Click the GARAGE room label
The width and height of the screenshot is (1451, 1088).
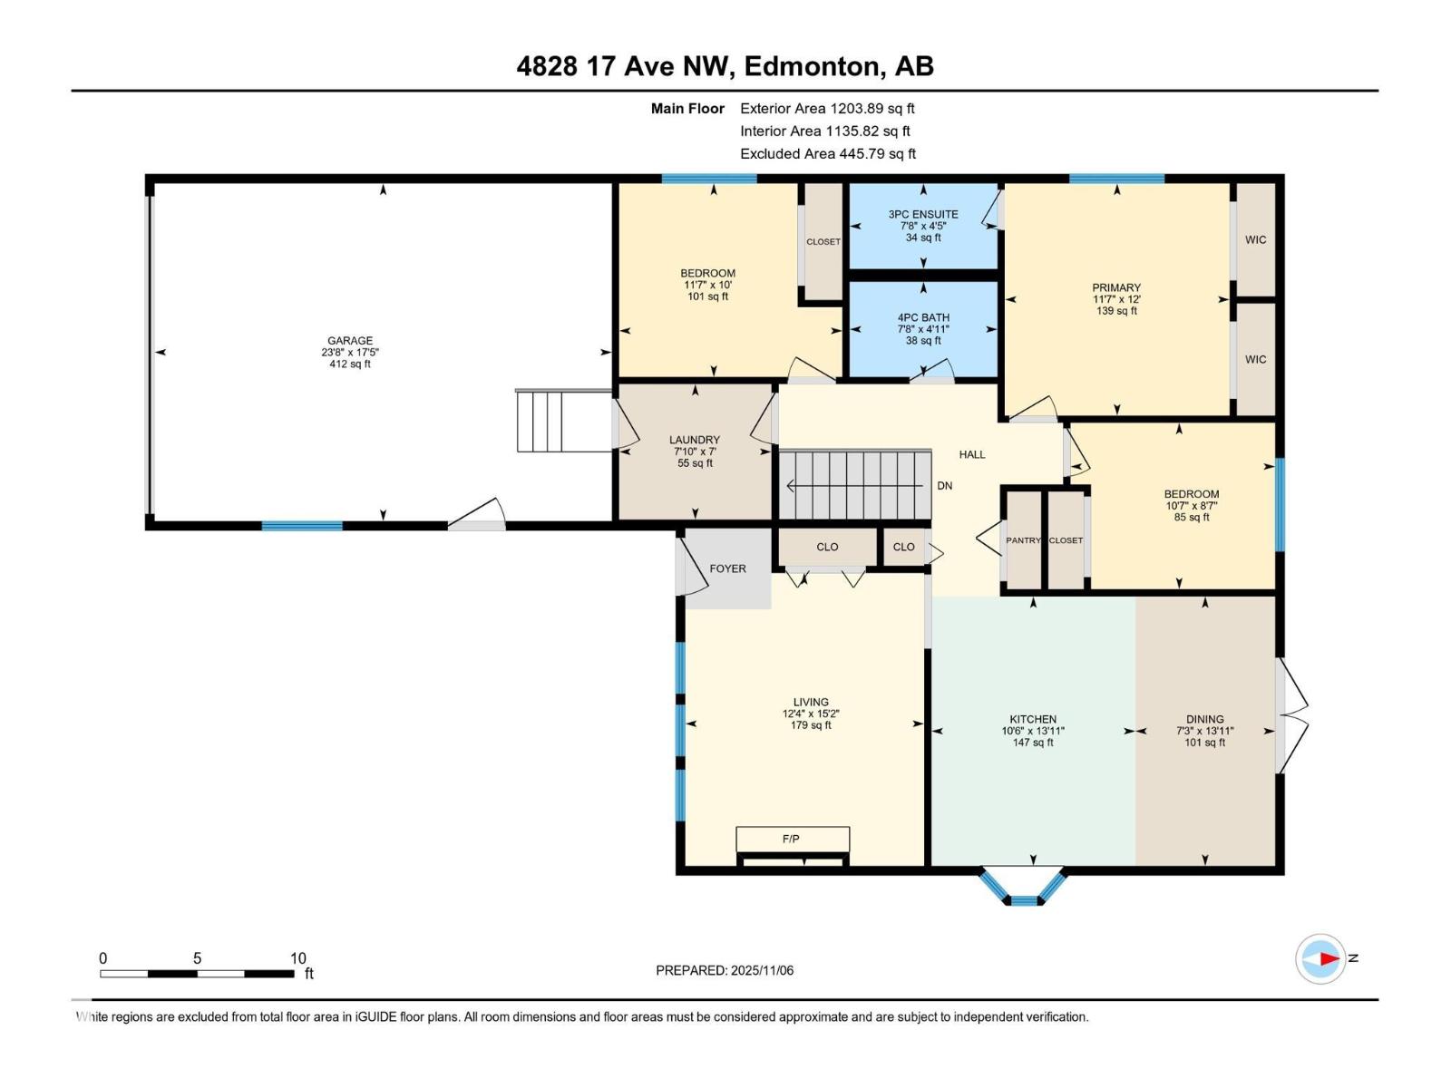pos(350,341)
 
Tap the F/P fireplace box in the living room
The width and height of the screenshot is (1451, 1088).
pos(793,839)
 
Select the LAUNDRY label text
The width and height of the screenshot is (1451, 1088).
pos(694,440)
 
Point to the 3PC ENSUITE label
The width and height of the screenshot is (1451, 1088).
pos(923,214)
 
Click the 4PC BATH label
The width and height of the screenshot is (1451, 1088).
pos(923,317)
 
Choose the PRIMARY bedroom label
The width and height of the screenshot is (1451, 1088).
pos(1115,287)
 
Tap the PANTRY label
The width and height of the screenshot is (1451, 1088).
pos(1023,540)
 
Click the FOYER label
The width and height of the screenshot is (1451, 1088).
pos(727,568)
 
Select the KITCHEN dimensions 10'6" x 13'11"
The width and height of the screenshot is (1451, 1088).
pos(1033,731)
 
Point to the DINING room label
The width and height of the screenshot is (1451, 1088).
pos(1204,719)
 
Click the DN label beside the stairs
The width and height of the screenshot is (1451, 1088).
pos(945,486)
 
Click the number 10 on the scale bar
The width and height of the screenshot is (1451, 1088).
pos(298,957)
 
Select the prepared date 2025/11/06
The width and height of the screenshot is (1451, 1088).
pos(762,970)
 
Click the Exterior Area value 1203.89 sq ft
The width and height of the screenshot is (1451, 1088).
pos(872,108)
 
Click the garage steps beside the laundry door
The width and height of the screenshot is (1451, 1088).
pos(564,421)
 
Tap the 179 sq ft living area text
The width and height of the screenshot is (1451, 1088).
pos(811,725)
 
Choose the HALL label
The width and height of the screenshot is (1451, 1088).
pos(972,454)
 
